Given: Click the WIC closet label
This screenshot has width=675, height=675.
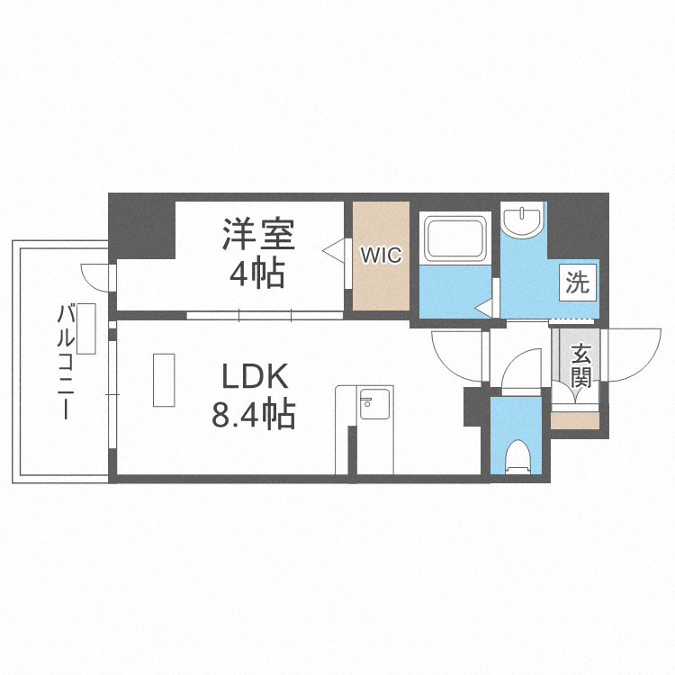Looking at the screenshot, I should click(x=382, y=256).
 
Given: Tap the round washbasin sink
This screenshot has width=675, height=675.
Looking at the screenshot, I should click(x=522, y=219).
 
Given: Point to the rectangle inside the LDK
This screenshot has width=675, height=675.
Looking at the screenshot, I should click(x=165, y=381).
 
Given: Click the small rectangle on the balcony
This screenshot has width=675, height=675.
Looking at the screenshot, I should click(x=86, y=328).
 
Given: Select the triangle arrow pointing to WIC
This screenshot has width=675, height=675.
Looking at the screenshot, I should click(x=334, y=250).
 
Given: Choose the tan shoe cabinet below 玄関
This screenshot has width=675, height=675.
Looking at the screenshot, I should click(x=574, y=420).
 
